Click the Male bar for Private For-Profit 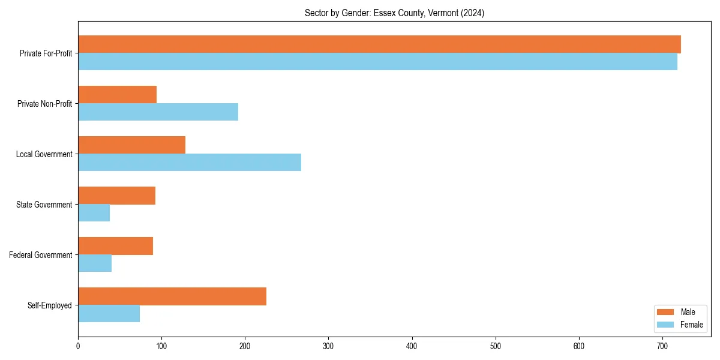(379, 44)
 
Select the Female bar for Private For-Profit (377, 62)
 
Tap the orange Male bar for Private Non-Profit (117, 95)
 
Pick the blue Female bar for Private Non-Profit (158, 112)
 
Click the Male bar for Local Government (131, 145)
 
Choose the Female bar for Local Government (190, 163)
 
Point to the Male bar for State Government (116, 196)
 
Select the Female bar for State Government (94, 213)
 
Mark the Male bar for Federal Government (115, 246)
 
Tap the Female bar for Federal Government (95, 263)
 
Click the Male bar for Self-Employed (172, 296)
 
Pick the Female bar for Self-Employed (109, 314)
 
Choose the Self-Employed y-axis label (50, 305)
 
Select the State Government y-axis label (44, 205)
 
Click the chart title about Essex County (394, 13)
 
